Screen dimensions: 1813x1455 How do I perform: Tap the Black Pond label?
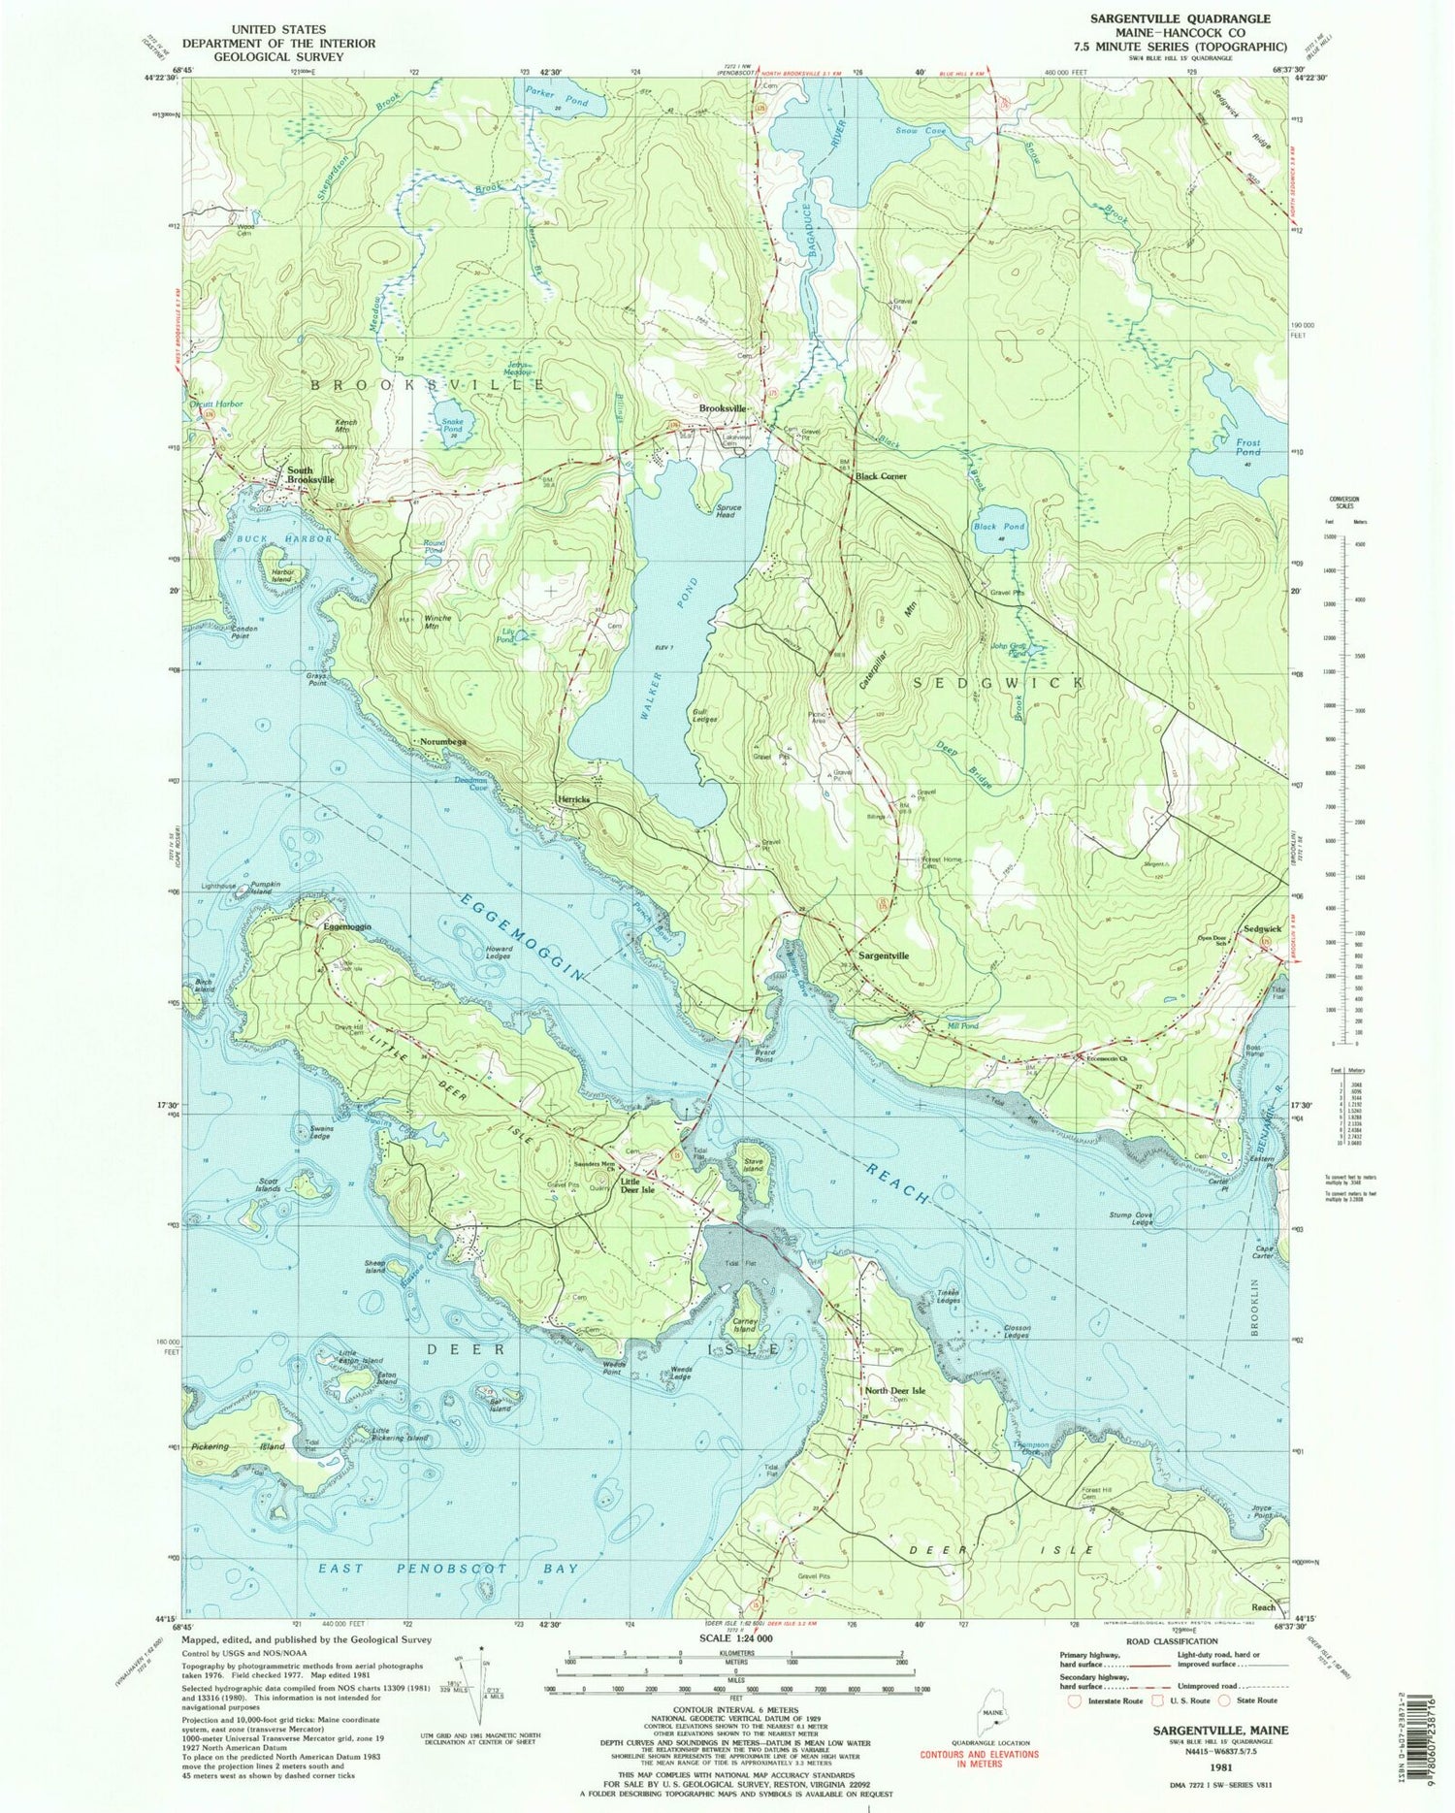(998, 527)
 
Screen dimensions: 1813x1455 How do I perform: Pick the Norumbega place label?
(443, 742)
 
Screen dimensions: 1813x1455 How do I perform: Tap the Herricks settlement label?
(574, 799)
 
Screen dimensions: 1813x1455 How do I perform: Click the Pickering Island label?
(238, 1446)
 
